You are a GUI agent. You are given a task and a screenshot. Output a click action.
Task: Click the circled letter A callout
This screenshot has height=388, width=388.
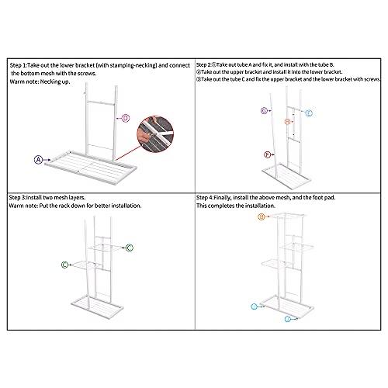click(x=38, y=160)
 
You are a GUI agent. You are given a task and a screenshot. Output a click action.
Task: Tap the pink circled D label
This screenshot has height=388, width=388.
click(x=126, y=118)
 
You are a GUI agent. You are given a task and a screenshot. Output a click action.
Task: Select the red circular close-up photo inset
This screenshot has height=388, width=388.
click(x=155, y=134)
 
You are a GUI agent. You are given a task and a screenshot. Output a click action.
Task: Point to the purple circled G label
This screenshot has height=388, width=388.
click(x=264, y=111)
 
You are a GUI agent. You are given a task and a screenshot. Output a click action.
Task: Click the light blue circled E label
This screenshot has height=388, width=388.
click(x=309, y=113)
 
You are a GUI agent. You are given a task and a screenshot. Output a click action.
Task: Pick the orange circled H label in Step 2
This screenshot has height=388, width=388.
click(x=287, y=121)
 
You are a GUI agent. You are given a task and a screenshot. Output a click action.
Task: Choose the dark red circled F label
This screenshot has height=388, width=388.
click(x=267, y=154)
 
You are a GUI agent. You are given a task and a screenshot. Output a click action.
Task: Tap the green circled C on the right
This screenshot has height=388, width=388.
click(x=130, y=248)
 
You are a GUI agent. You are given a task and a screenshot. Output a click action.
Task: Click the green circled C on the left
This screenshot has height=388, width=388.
click(x=64, y=265)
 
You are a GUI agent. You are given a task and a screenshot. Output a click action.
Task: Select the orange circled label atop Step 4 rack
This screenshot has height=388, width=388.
click(x=262, y=217)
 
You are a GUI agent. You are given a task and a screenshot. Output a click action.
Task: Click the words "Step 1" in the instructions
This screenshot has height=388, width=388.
click(x=18, y=65)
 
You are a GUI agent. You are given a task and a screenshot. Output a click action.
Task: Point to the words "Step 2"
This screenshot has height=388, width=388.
click(x=204, y=64)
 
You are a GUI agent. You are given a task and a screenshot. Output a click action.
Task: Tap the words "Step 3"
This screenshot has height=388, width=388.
click(x=17, y=198)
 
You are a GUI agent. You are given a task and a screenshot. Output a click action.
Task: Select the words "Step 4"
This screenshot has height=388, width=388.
click(x=205, y=198)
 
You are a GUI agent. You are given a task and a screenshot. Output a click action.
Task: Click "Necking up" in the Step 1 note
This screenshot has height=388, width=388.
click(x=54, y=81)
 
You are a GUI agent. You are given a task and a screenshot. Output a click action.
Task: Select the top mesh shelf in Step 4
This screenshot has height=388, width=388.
click(x=287, y=216)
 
